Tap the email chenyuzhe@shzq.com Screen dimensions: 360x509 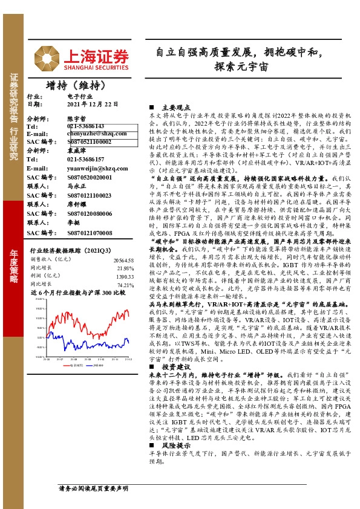pos(93,134)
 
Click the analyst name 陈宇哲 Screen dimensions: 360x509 pos(76,118)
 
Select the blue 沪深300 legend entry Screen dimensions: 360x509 pos(97,365)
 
